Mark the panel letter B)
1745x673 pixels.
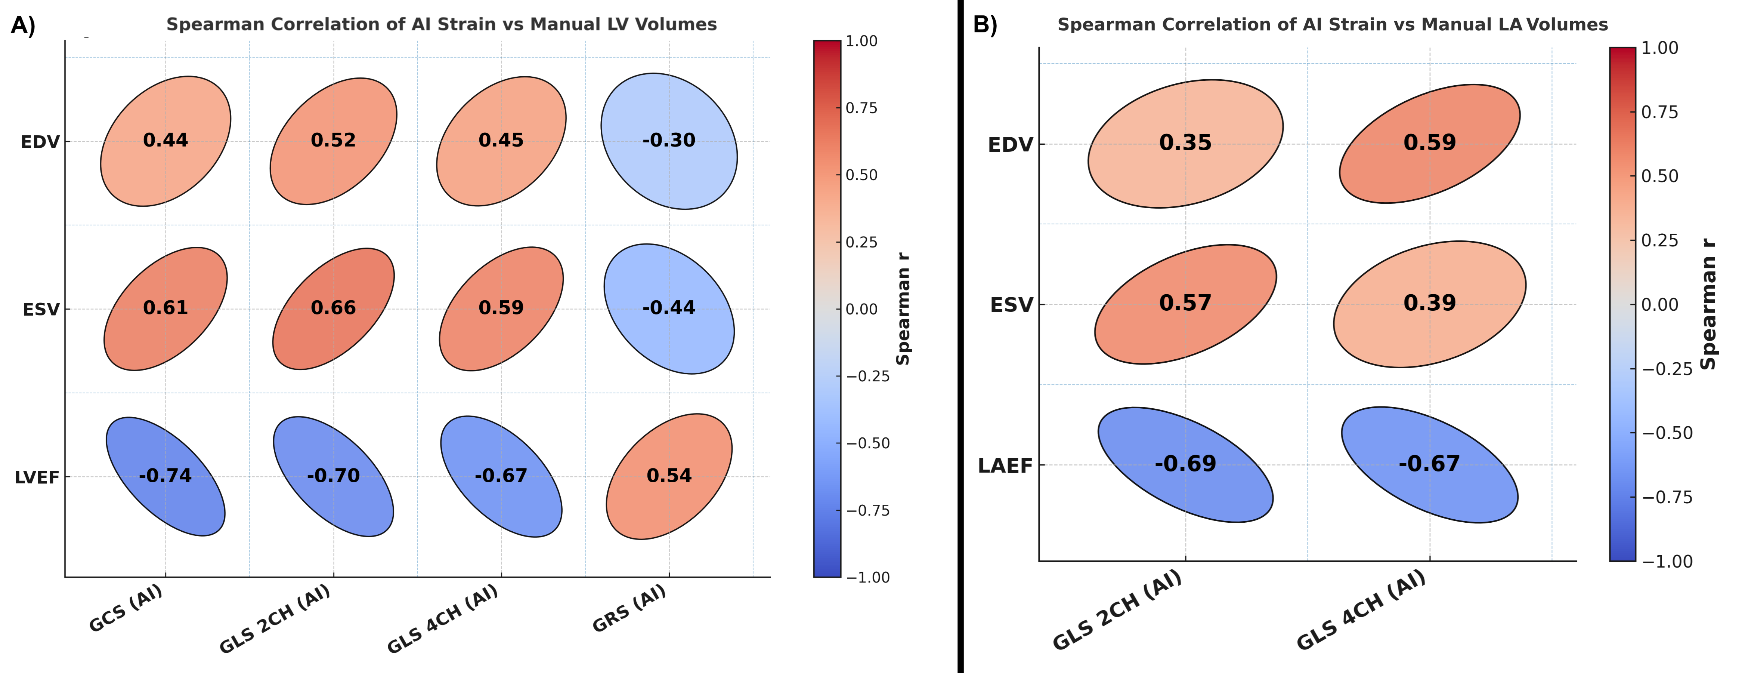click(985, 25)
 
